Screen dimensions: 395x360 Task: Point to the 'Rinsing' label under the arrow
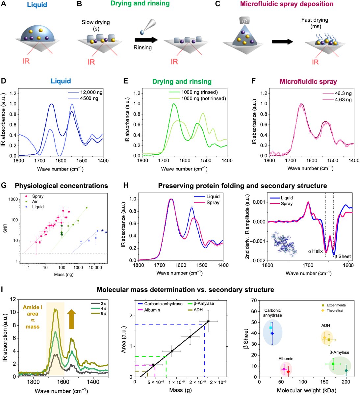click(142, 47)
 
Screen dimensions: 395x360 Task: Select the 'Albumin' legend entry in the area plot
click(152, 310)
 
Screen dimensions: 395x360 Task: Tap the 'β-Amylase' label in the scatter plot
click(339, 352)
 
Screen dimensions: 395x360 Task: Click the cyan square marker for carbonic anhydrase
click(271, 328)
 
